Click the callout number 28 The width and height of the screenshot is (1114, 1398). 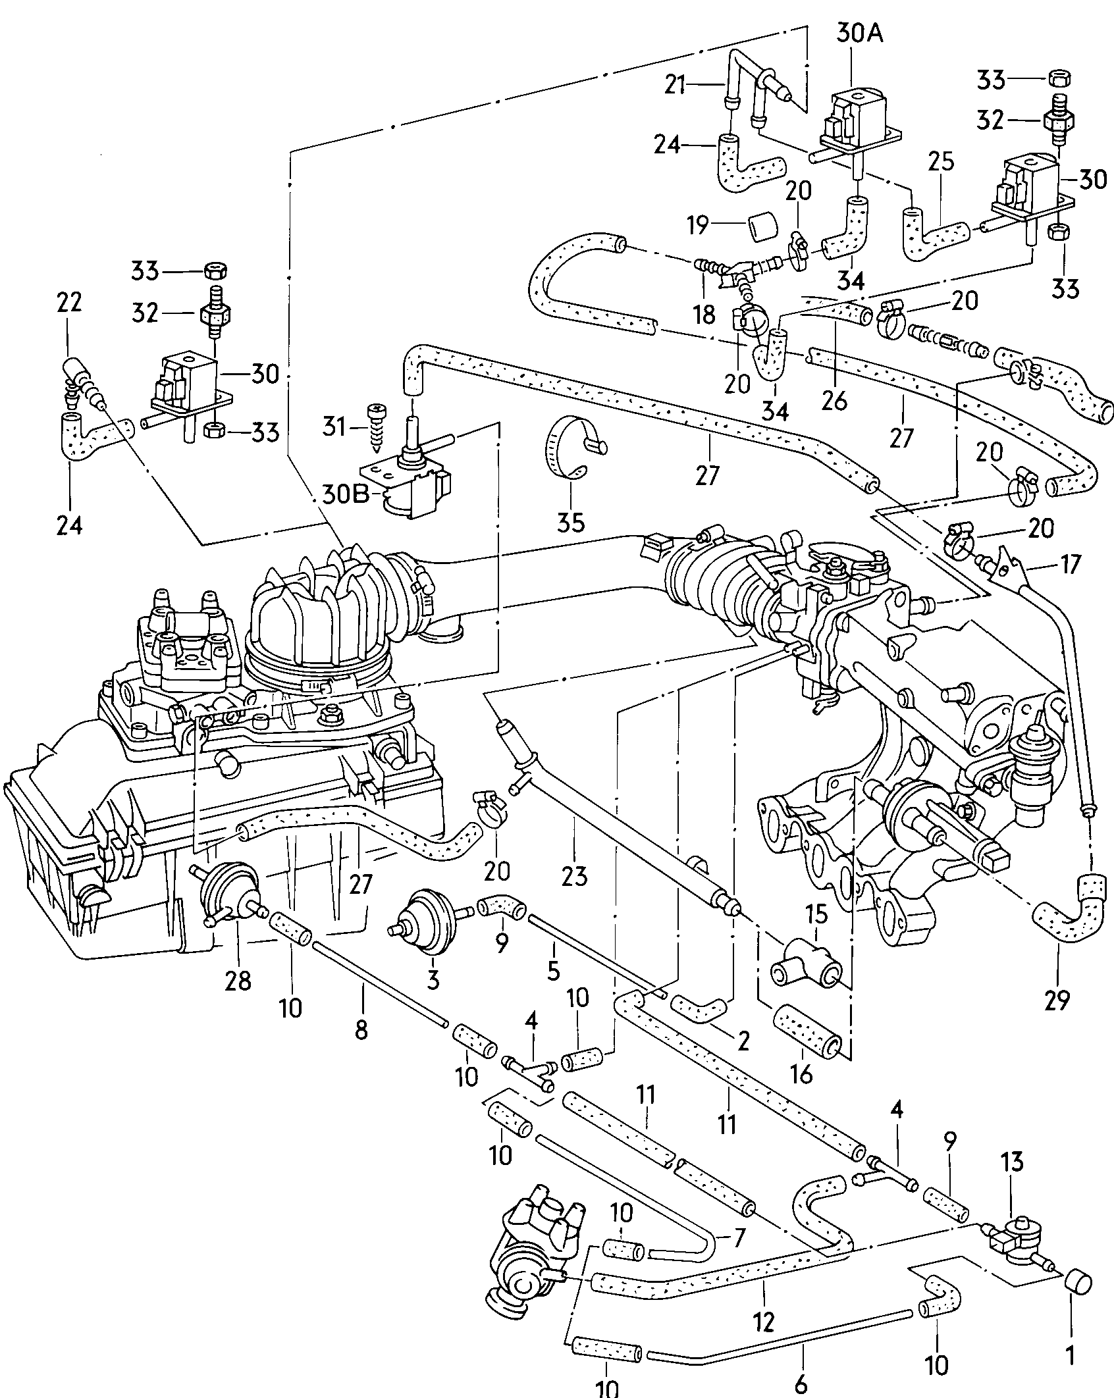(238, 999)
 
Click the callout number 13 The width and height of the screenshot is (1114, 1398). (1013, 1162)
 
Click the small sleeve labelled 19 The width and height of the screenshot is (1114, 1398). (761, 228)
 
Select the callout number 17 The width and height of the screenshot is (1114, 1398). (1071, 564)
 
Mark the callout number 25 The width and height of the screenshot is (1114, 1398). (940, 162)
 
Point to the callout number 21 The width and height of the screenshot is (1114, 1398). (674, 85)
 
